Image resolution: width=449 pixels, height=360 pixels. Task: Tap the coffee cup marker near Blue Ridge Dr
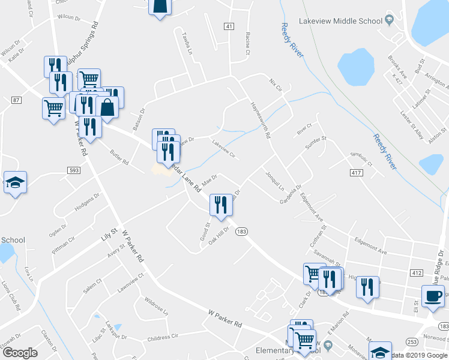pos(433,295)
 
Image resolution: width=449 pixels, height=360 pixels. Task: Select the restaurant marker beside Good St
pos(220,205)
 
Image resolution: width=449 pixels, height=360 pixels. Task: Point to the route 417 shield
pos(356,173)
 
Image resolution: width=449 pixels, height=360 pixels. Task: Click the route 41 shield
pos(229,26)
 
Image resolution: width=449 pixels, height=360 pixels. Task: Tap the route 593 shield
pos(74,170)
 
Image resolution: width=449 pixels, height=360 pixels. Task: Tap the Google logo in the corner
pos(19,352)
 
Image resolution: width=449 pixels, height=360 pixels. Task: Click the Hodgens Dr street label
pos(87,205)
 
